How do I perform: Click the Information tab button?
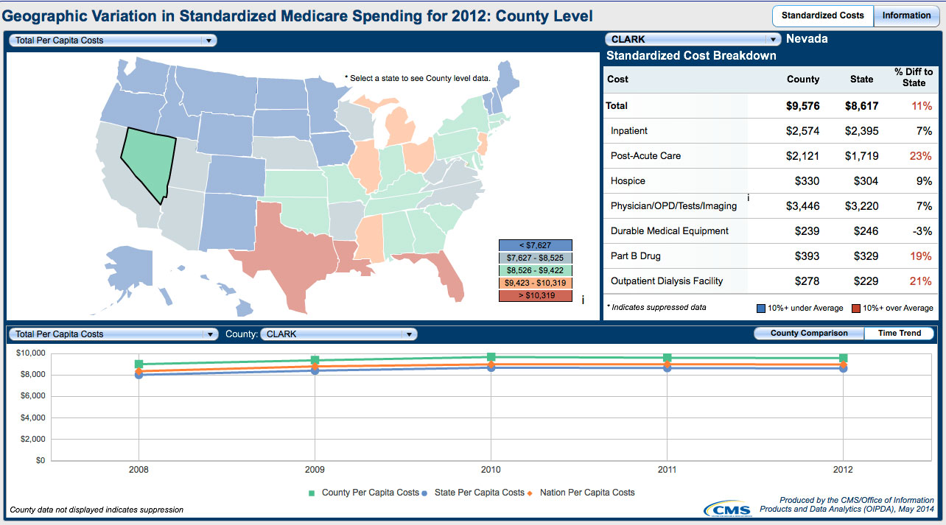pos(905,15)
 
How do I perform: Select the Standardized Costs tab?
pos(823,15)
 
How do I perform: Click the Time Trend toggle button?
pos(899,334)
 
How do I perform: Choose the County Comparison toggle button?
pos(809,334)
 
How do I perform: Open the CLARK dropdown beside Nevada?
pos(692,40)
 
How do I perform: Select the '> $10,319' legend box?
pos(535,295)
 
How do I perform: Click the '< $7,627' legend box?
pos(535,245)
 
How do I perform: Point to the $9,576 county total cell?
pos(802,106)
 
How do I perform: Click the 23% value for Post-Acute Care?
pos(922,156)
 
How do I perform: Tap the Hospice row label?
pos(628,181)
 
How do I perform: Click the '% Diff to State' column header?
pos(914,77)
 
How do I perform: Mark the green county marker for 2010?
pos(491,357)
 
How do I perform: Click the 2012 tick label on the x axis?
pos(844,469)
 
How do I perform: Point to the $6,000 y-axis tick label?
pos(31,396)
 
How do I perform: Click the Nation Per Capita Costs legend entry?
pos(586,493)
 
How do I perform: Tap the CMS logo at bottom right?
pos(727,508)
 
